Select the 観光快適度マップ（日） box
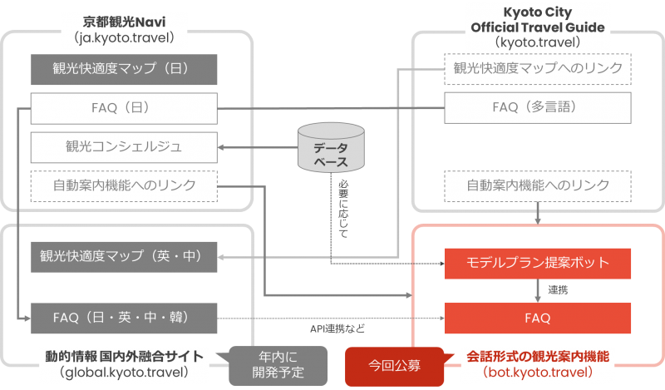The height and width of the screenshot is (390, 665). tap(124, 70)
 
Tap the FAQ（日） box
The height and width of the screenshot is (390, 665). tap(124, 108)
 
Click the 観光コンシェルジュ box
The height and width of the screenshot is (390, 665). tap(124, 147)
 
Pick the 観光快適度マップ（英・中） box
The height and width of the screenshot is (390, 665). tap(124, 256)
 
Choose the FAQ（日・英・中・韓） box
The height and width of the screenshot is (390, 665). tap(124, 317)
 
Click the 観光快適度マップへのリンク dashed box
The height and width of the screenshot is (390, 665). tap(539, 68)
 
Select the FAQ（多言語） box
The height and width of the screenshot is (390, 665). tap(539, 107)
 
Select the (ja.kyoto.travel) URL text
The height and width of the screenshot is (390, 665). tap(122, 37)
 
